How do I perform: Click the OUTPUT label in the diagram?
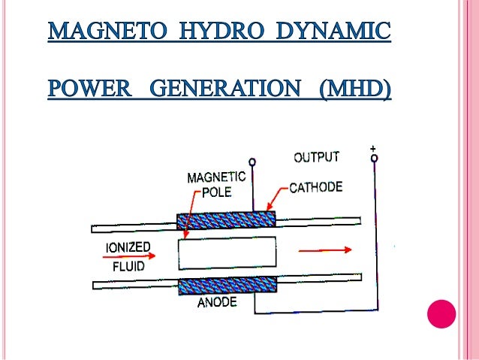(316, 158)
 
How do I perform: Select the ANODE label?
(217, 304)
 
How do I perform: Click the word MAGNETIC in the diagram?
(216, 177)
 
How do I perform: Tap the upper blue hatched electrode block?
(226, 220)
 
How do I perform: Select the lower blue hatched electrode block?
(226, 286)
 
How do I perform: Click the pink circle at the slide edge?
(441, 313)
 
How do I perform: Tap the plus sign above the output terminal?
(374, 149)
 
